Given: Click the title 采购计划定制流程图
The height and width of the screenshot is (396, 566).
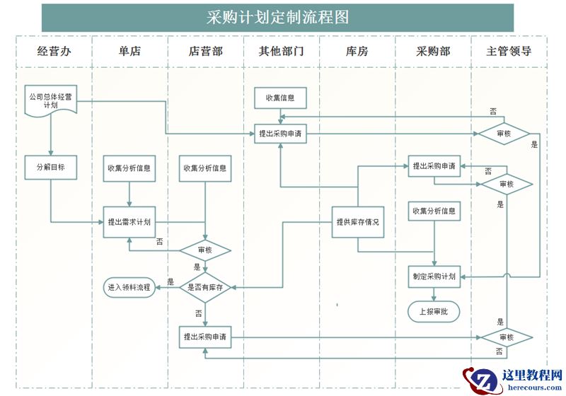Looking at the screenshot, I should tap(277, 18).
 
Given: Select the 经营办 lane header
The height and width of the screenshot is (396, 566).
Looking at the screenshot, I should tap(54, 52).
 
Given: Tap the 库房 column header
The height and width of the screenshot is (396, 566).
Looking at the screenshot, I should tap(357, 52).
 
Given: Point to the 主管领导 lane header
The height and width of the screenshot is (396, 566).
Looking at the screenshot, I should tap(509, 52).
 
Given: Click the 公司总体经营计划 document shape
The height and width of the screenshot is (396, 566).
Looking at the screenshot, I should tap(50, 100).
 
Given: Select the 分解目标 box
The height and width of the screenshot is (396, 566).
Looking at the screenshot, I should tap(50, 168).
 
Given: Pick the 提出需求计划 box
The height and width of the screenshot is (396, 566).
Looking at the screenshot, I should tap(129, 221).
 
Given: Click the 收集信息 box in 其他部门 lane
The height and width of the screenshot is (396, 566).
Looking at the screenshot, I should tap(280, 98).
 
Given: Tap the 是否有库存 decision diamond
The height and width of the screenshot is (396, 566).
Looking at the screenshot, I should tap(205, 288).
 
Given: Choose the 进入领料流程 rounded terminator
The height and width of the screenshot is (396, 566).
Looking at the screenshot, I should tap(129, 288).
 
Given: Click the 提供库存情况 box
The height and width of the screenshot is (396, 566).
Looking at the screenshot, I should tap(357, 221).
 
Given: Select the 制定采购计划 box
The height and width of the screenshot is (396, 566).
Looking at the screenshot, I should tap(434, 276).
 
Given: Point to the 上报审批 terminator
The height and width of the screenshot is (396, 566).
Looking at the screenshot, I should tap(434, 310).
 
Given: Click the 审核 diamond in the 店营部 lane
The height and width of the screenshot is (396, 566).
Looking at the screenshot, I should tap(205, 250).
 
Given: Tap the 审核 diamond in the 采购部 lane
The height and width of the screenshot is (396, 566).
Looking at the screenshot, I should tap(507, 184).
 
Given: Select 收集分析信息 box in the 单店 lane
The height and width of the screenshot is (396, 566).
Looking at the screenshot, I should tap(129, 168).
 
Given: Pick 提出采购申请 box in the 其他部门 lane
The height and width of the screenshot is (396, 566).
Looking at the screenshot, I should tap(281, 133).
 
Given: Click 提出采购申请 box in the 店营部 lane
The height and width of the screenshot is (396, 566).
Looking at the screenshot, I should tap(205, 337).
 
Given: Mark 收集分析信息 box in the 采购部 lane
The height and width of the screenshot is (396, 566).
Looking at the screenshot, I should tap(434, 211).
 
